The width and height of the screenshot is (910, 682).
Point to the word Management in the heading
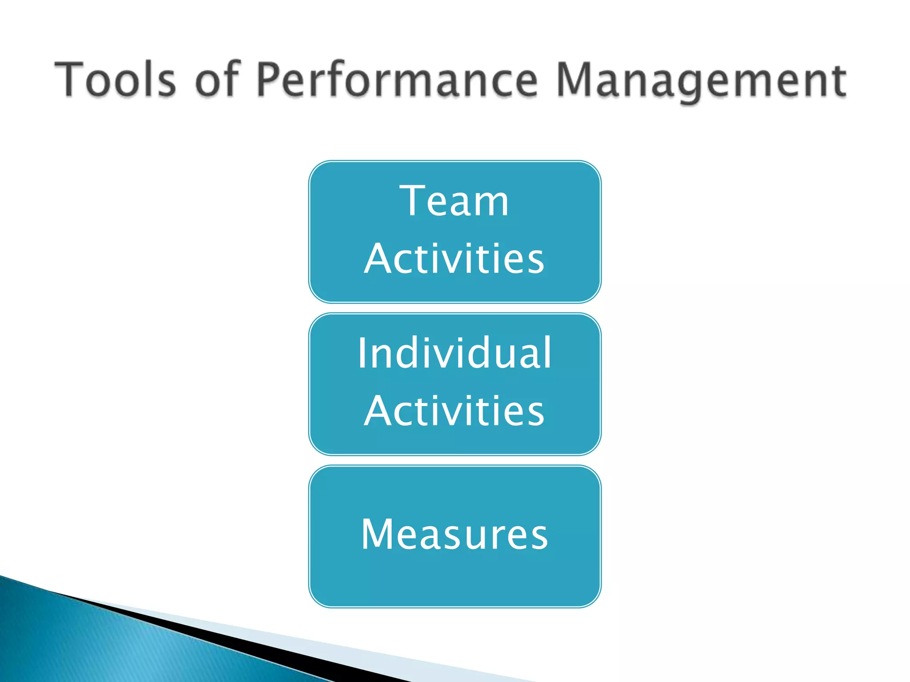coord(701,81)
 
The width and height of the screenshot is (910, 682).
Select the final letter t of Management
coord(839,81)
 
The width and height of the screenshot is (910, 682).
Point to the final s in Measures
coord(539,537)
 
